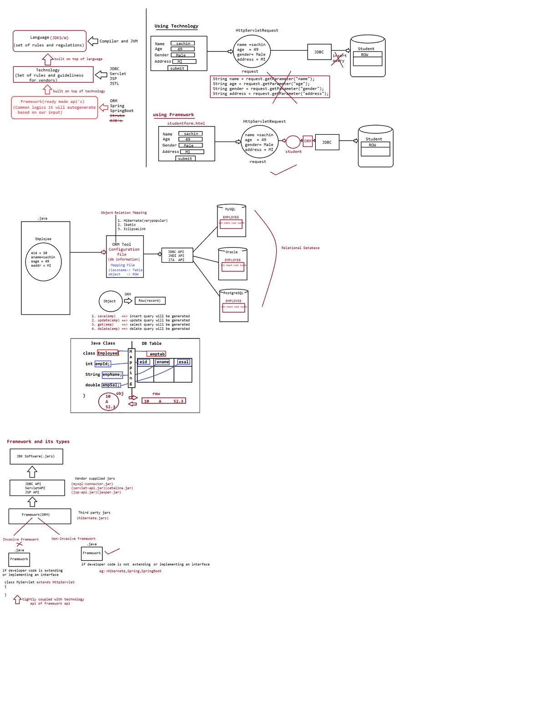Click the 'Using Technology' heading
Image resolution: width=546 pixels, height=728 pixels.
tap(176, 26)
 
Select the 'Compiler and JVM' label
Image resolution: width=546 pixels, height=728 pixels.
tap(118, 41)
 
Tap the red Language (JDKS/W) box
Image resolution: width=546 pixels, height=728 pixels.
tap(50, 41)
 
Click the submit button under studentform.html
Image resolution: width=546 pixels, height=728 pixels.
tap(185, 159)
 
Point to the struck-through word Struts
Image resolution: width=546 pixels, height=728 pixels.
tap(116, 116)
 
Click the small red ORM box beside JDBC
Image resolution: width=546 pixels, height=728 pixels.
tap(308, 141)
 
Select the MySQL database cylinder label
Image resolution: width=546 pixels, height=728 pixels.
tap(230, 209)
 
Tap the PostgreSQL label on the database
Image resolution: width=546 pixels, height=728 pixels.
tap(233, 293)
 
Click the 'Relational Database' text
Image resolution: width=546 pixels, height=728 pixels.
tap(300, 248)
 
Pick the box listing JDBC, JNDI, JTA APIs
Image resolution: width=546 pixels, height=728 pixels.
tap(177, 256)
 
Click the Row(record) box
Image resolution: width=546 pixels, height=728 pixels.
tap(150, 301)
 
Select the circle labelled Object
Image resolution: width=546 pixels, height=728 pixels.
tap(110, 301)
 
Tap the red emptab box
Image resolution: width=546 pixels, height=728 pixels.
tap(157, 354)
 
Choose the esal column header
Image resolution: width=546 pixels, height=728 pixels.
tap(183, 362)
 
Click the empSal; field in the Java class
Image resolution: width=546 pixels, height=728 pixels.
tap(111, 385)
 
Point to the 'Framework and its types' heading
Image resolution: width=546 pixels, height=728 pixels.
tap(38, 442)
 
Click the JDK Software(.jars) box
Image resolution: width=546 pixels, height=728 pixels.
tap(36, 456)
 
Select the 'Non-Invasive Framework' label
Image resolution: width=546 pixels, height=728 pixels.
tap(73, 539)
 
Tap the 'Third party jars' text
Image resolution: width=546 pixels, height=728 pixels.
tap(94, 513)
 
